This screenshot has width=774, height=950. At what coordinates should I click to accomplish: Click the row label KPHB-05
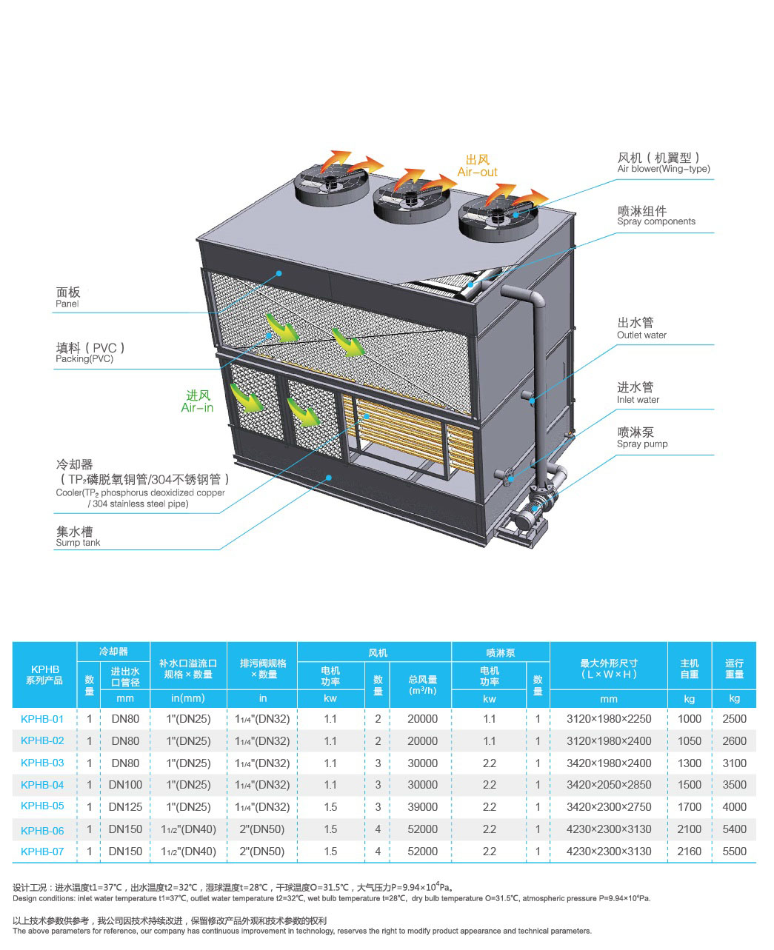[x=42, y=806]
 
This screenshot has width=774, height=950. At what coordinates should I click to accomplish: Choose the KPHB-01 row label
[x=42, y=718]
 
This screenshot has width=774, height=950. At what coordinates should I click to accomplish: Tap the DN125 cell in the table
[x=125, y=806]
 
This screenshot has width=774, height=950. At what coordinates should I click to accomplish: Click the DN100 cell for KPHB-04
[x=125, y=785]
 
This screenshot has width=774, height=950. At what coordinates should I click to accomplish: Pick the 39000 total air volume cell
[x=422, y=806]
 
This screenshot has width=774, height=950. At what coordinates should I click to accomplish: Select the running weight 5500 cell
[x=734, y=851]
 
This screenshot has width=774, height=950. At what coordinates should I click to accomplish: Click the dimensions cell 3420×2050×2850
[x=609, y=785]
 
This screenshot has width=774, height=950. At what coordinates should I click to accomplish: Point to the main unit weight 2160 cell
[x=689, y=851]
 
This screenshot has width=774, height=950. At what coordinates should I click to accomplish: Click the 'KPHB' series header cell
[x=44, y=674]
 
